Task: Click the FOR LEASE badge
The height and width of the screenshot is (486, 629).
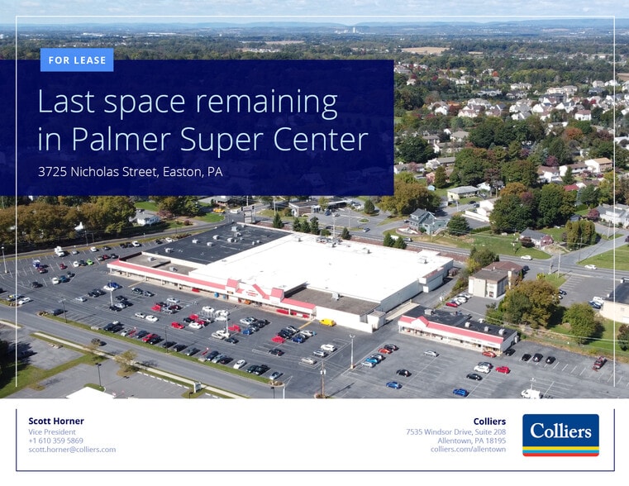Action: (x=76, y=60)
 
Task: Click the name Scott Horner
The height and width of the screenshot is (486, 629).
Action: (x=56, y=422)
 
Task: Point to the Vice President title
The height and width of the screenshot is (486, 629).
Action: (x=52, y=431)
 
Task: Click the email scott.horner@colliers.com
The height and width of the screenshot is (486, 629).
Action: (x=72, y=450)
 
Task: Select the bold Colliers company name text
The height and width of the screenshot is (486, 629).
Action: (x=489, y=422)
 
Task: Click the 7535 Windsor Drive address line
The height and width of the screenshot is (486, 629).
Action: (x=455, y=431)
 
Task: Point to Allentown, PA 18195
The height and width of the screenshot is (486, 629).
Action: (x=471, y=441)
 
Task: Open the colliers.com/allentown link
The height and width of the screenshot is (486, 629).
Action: (x=468, y=450)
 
